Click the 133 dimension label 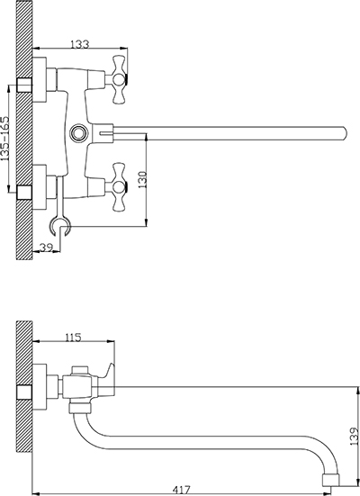click(x=79, y=44)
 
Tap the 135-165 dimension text click(x=5, y=139)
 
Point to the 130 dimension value click(x=143, y=179)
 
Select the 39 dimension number click(x=46, y=247)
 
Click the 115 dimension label click(x=74, y=338)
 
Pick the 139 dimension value click(x=355, y=437)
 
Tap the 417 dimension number click(x=182, y=490)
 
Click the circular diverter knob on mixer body click(x=76, y=133)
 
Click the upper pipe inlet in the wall click(x=24, y=85)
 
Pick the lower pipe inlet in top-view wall click(x=24, y=193)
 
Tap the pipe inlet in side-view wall click(x=24, y=392)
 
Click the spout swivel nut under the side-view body click(x=80, y=408)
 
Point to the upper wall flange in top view click(x=40, y=79)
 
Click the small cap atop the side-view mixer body click(x=80, y=370)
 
